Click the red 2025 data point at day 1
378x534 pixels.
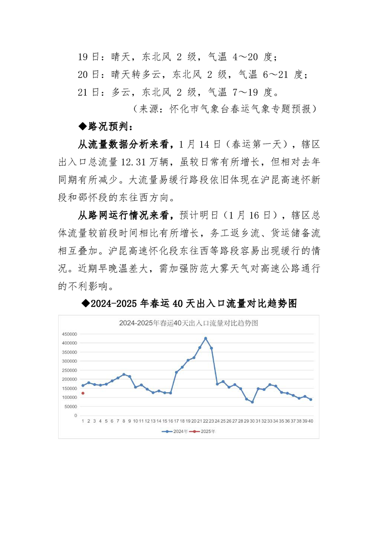click(82, 393)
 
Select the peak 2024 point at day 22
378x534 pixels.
click(205, 338)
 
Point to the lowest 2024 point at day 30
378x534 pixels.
click(252, 402)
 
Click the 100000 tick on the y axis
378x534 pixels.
click(69, 397)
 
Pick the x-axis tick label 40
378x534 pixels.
click(310, 421)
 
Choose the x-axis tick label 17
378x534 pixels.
click(176, 421)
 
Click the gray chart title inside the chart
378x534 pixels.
click(188, 323)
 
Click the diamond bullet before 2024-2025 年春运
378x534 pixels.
click(86, 303)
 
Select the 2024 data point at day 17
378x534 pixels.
click(176, 372)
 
